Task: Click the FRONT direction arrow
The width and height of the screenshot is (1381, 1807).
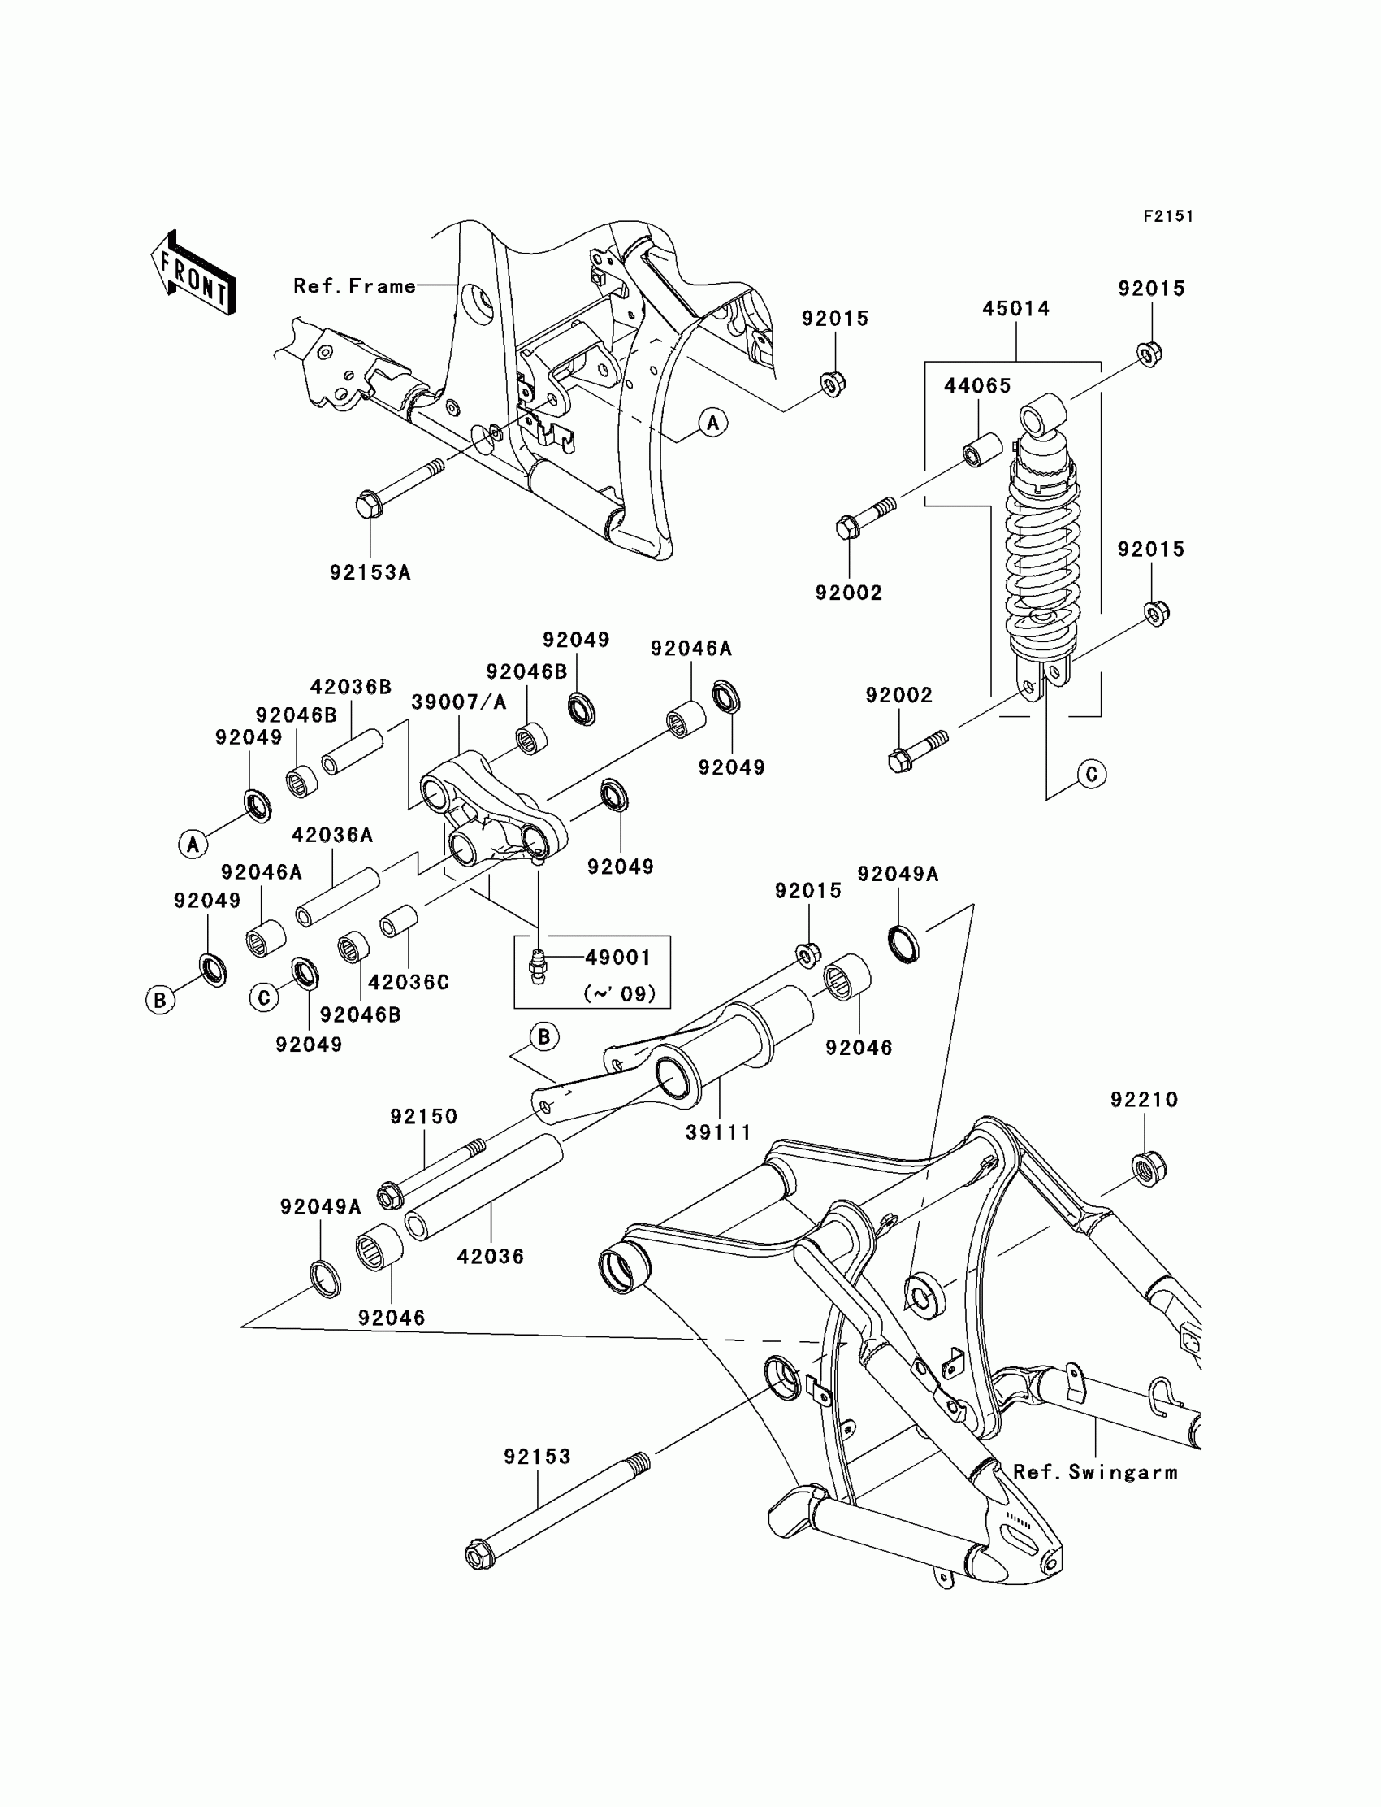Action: [194, 273]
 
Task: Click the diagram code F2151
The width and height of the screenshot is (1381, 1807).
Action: [1167, 216]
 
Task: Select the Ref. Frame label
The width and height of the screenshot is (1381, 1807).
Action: [354, 286]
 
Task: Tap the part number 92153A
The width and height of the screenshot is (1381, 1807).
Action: [370, 572]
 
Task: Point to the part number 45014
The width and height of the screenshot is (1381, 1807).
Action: [1016, 309]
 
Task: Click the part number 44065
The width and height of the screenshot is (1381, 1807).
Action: [976, 386]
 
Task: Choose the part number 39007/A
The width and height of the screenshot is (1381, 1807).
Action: [459, 702]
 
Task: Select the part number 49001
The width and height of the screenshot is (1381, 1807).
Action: [618, 958]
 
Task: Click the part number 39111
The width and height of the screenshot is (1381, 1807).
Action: [718, 1132]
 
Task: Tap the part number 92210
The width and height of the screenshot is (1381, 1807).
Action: [1145, 1100]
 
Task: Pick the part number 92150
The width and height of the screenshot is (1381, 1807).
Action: [423, 1116]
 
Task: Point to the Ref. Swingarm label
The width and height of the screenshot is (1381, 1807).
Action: [1095, 1472]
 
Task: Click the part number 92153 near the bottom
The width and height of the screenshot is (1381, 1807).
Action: [537, 1456]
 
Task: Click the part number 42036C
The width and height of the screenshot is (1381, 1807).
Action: [409, 982]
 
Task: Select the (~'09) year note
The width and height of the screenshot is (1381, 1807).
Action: [619, 993]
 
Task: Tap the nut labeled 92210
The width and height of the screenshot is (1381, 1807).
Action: [1149, 1169]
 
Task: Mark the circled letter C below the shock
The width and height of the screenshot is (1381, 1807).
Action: [1092, 774]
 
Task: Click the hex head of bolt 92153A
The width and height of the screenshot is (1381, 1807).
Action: [368, 503]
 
